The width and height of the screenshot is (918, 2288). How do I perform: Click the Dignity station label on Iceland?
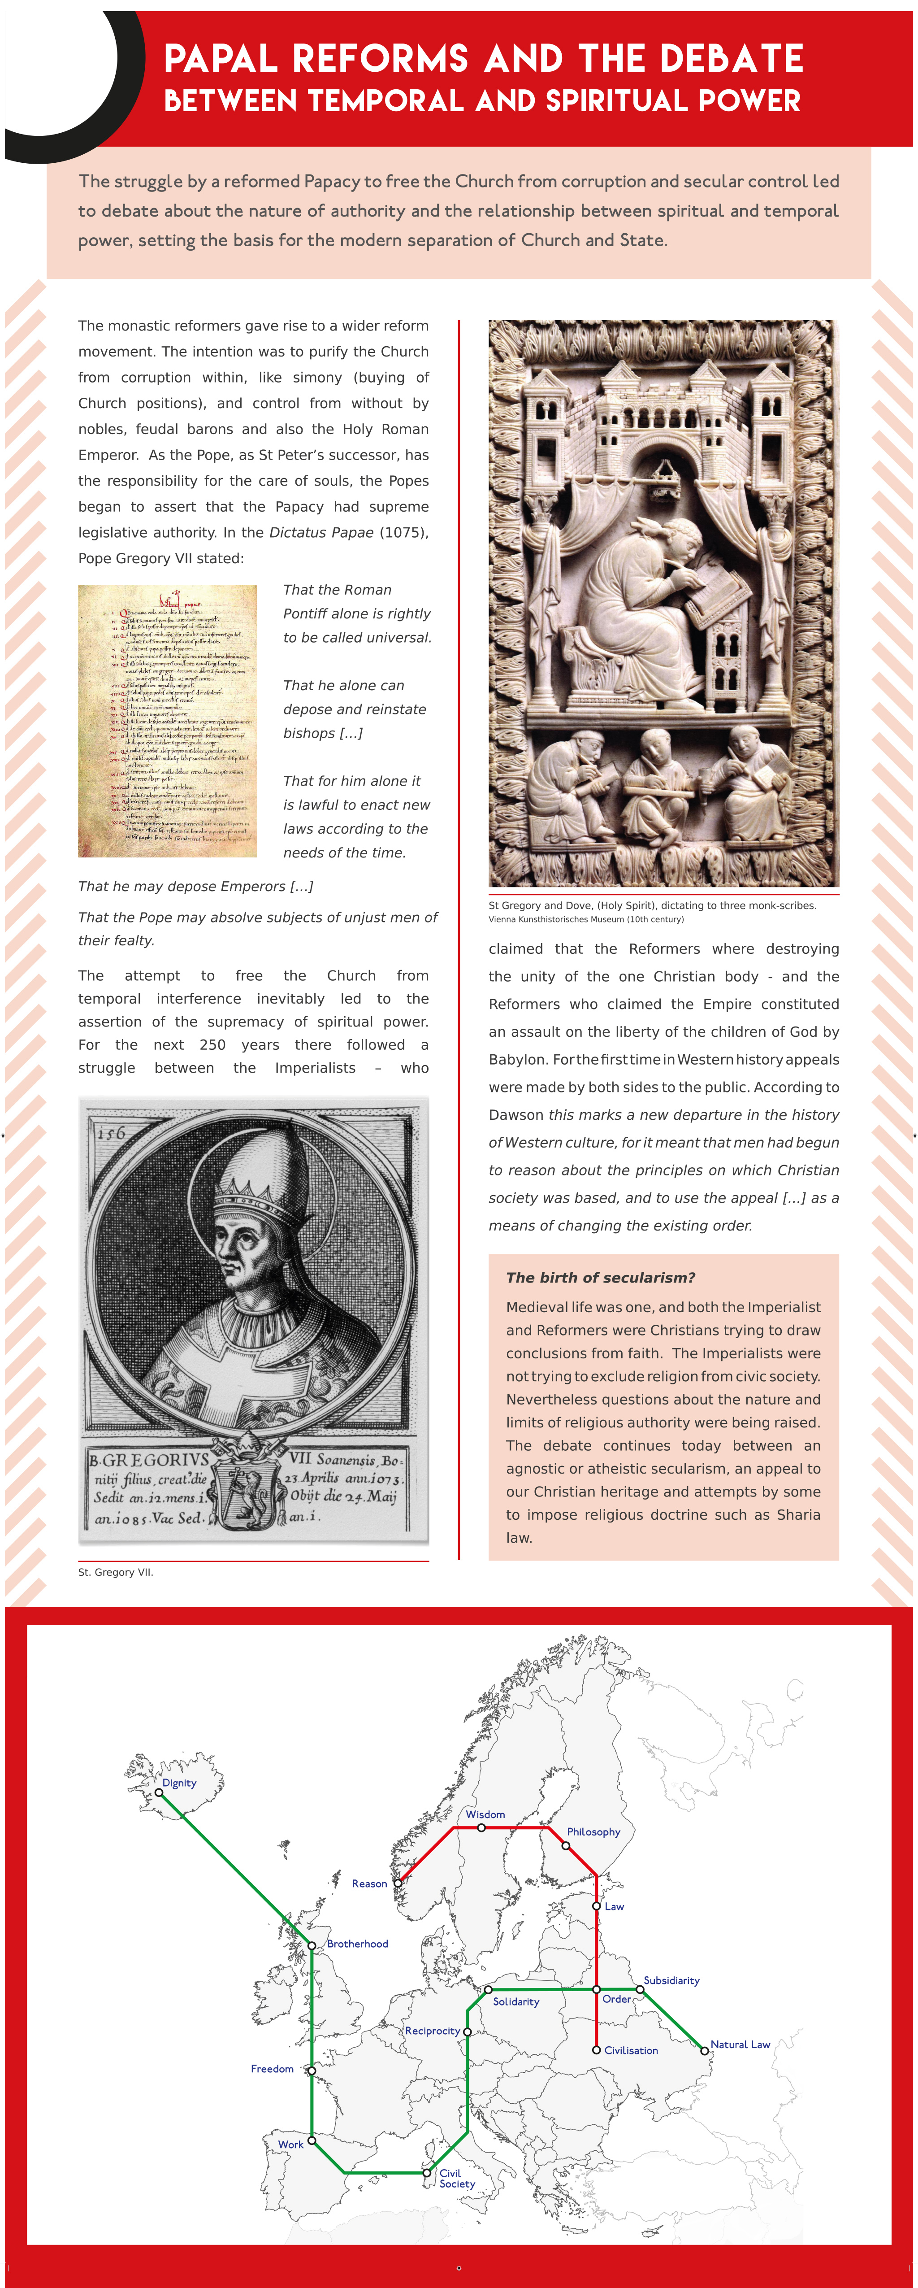click(179, 1783)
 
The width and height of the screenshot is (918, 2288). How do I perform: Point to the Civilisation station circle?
click(597, 2050)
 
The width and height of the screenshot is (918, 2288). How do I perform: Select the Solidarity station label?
click(516, 2001)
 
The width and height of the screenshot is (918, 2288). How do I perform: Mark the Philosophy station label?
click(593, 1831)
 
